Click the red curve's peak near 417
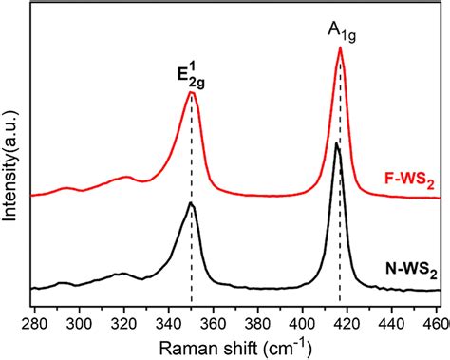tap(340, 48)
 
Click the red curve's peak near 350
tap(192, 92)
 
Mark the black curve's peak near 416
tap(337, 143)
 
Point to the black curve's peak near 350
tap(191, 203)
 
